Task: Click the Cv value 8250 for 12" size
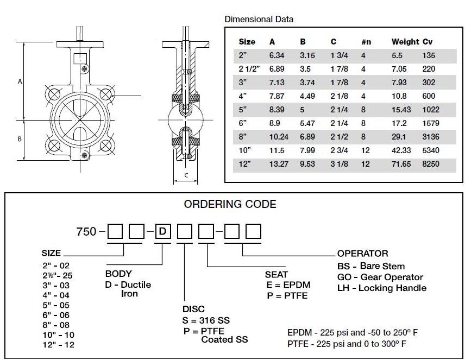(x=431, y=164)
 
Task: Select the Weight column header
(x=405, y=42)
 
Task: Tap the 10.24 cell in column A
(x=279, y=137)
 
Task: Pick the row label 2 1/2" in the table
(x=249, y=69)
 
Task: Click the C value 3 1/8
(x=340, y=164)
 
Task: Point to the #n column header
(x=366, y=42)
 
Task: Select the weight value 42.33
(x=401, y=150)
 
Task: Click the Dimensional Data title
(x=259, y=19)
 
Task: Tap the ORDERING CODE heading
(x=230, y=204)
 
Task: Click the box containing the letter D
(x=163, y=231)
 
